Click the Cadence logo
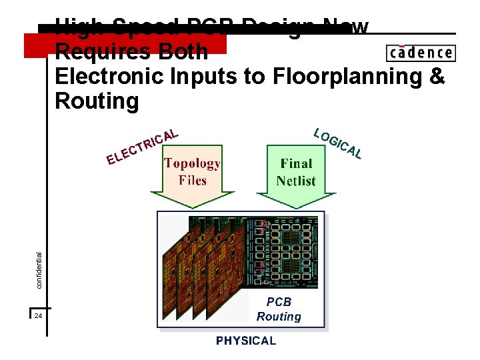coord(420,53)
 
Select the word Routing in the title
coord(97,101)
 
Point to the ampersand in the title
coord(437,77)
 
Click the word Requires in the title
coord(105,51)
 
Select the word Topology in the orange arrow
coord(192,163)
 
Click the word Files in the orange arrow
coord(192,180)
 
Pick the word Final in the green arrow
coord(296,163)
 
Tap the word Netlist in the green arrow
coord(296,181)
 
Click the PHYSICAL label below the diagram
coord(245,341)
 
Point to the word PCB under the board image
coord(279,302)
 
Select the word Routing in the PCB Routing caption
coord(279,317)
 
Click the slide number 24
coord(38,315)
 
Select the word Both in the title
coord(183,51)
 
